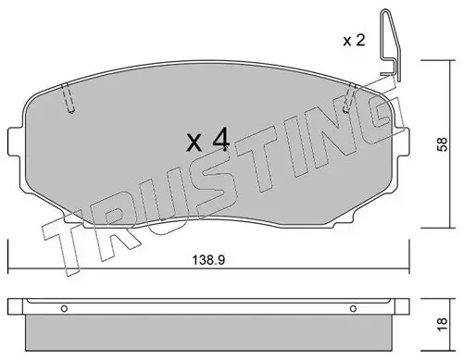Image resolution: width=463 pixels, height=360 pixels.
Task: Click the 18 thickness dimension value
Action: coord(443,326)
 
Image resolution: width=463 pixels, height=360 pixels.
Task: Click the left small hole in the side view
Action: coord(64,309)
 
